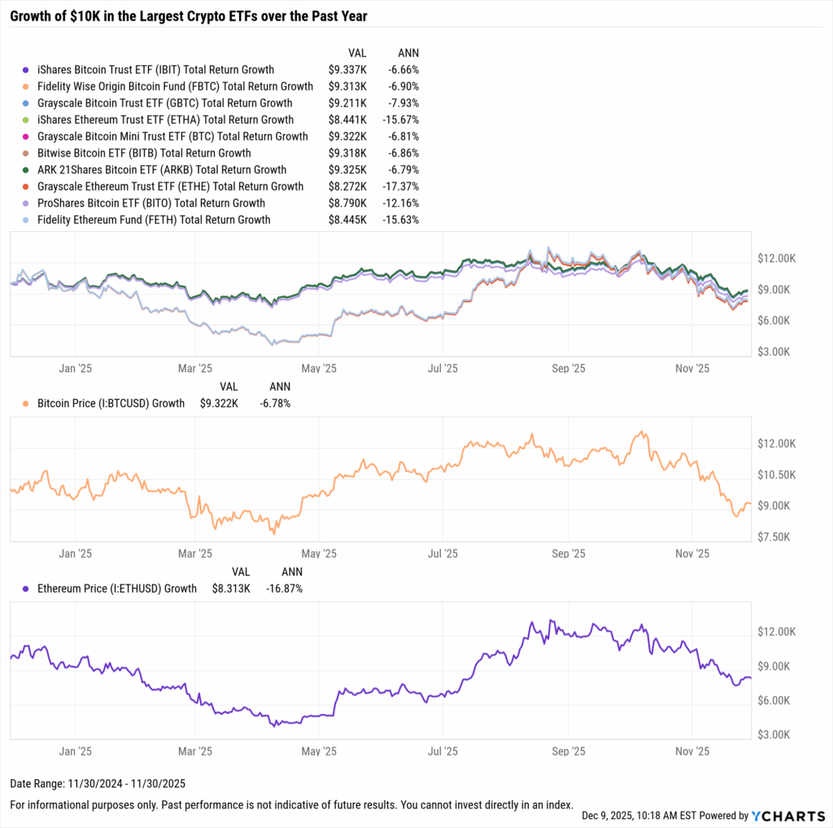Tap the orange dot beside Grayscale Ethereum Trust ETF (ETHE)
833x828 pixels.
pyautogui.click(x=27, y=186)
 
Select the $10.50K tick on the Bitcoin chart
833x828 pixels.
pyautogui.click(x=776, y=475)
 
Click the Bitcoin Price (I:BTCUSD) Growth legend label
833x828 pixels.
pyautogui.click(x=111, y=403)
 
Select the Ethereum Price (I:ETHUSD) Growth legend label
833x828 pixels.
pyautogui.click(x=116, y=588)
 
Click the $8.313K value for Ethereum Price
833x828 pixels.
pyautogui.click(x=231, y=588)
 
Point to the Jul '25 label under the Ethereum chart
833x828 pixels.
pyautogui.click(x=443, y=751)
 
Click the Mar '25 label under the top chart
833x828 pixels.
pyautogui.click(x=194, y=368)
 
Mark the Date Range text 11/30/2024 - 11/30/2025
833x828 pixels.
pyautogui.click(x=98, y=784)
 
